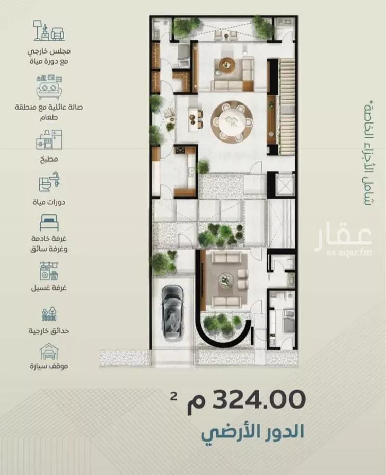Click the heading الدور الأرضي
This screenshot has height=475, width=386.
pyautogui.click(x=253, y=432)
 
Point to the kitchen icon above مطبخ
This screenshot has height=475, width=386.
pyautogui.click(x=49, y=139)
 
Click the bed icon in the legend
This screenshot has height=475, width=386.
pyautogui.click(x=49, y=223)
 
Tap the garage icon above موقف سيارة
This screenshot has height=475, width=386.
pyautogui.click(x=49, y=351)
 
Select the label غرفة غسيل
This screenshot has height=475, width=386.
pyautogui.click(x=49, y=288)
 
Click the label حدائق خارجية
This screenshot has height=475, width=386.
pyautogui.click(x=49, y=330)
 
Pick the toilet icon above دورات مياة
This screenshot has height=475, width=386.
pyautogui.click(x=49, y=182)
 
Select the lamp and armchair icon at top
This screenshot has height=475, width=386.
pyautogui.click(x=49, y=30)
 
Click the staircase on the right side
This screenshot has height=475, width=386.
pyautogui.click(x=287, y=107)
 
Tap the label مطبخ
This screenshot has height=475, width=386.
pyautogui.click(x=49, y=159)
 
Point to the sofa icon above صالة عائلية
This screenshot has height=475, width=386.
pyautogui.click(x=49, y=87)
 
